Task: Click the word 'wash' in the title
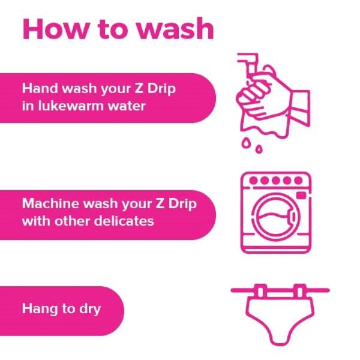point(175,29)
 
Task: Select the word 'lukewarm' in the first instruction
point(70,106)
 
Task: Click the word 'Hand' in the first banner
point(40,88)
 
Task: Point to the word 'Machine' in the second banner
point(51,203)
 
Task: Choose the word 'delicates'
point(124,221)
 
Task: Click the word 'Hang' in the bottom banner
point(40,309)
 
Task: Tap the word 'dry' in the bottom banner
point(90,309)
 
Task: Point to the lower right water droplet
point(259,149)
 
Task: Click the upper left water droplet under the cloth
point(246,143)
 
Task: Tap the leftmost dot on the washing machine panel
point(253,181)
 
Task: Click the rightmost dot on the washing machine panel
point(298,181)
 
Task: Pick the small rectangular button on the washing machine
point(301,196)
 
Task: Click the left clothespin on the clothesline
point(260,291)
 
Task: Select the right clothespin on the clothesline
point(299,291)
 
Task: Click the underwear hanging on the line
point(280,319)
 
